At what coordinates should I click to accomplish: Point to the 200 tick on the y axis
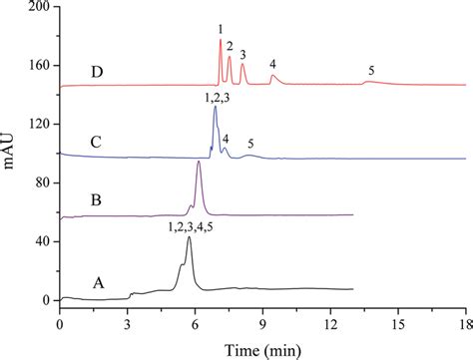click(39, 6)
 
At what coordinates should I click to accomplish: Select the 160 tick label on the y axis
click(39, 65)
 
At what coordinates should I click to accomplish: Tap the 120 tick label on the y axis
click(39, 124)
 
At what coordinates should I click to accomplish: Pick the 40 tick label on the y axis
click(43, 241)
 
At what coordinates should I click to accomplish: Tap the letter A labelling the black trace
click(97, 282)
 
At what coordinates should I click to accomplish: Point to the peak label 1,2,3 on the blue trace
click(217, 97)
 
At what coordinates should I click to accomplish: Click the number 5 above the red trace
click(371, 71)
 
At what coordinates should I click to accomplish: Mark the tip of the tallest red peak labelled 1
click(220, 41)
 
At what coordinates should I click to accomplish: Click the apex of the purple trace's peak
click(199, 163)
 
